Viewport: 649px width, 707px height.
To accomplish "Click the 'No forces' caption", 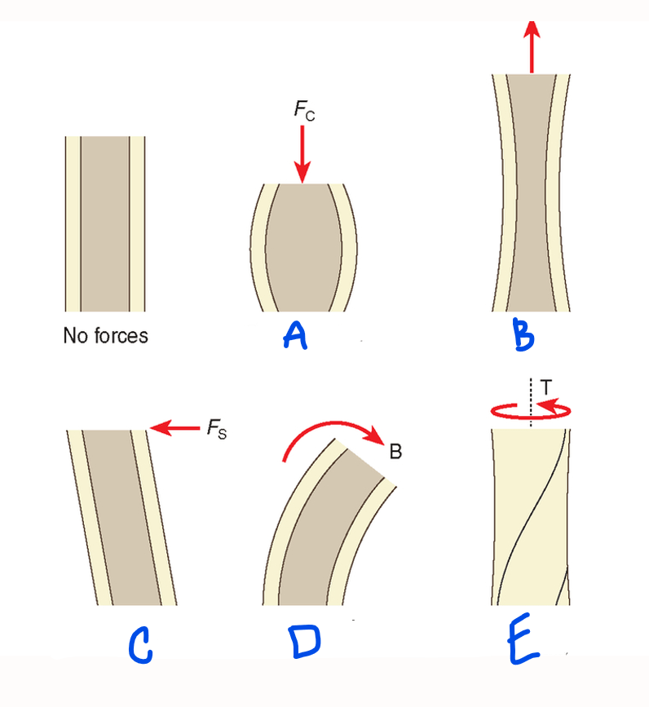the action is pyautogui.click(x=105, y=336).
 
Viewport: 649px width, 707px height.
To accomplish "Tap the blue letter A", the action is pyautogui.click(x=295, y=335).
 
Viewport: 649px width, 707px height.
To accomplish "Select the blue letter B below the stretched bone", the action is pyautogui.click(x=523, y=334).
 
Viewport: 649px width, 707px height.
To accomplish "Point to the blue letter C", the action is pyautogui.click(x=140, y=646).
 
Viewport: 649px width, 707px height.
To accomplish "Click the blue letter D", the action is pyautogui.click(x=305, y=641).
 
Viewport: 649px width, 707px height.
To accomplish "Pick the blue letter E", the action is pyautogui.click(x=523, y=639).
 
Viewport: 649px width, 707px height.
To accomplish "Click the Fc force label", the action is pyautogui.click(x=305, y=110).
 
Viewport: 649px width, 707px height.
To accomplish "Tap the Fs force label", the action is pyautogui.click(x=217, y=429).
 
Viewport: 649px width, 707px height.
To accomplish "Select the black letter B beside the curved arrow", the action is pyautogui.click(x=395, y=451).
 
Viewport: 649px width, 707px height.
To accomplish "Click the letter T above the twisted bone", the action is pyautogui.click(x=545, y=387).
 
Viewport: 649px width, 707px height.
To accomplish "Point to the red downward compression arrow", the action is pyautogui.click(x=302, y=154).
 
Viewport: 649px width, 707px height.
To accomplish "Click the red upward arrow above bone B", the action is pyautogui.click(x=532, y=47).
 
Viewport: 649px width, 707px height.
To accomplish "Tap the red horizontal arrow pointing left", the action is pyautogui.click(x=174, y=427).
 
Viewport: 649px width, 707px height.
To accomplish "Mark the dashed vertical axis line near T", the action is pyautogui.click(x=531, y=402).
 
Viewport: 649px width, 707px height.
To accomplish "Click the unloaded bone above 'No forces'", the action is pyautogui.click(x=105, y=224).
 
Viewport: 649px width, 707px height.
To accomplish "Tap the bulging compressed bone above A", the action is pyautogui.click(x=303, y=248).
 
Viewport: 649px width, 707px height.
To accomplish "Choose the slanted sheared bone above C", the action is pyautogui.click(x=121, y=518).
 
